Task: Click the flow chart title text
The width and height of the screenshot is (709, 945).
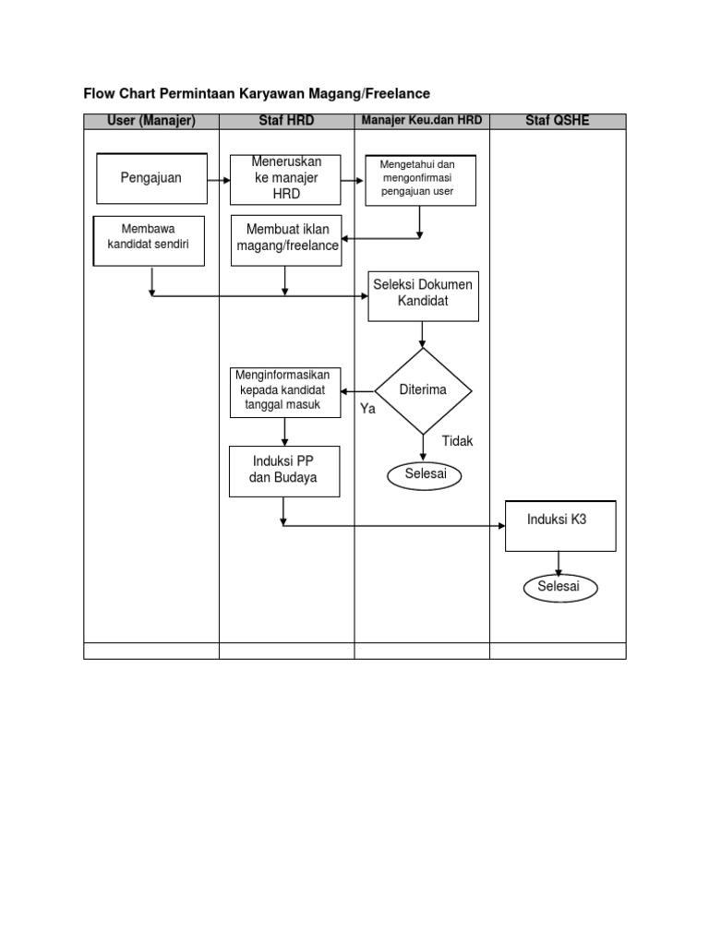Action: point(257,93)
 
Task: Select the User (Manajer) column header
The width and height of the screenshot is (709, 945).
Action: point(150,121)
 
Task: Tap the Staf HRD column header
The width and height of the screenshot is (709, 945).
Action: point(286,121)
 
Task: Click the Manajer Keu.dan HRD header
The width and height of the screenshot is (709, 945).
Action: point(422,121)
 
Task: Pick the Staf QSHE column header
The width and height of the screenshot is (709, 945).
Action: point(558,121)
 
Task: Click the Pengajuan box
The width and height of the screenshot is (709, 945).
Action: point(151,178)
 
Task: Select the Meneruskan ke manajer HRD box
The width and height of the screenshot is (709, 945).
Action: point(286,178)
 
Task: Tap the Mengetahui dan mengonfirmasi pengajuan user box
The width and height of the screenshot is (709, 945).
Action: point(422,179)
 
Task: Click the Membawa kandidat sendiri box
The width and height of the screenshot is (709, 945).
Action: point(149,240)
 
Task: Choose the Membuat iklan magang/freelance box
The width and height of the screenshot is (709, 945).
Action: point(286,240)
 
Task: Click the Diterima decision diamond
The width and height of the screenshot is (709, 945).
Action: point(423,390)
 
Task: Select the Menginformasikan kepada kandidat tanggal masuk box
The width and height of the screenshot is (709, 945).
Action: point(285,391)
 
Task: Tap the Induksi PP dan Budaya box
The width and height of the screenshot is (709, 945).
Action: point(284,471)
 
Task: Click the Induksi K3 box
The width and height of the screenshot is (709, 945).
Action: point(559,525)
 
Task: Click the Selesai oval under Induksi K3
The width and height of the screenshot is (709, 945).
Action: point(559,588)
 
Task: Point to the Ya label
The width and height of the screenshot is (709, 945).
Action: point(368,409)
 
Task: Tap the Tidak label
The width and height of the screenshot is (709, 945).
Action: point(457,441)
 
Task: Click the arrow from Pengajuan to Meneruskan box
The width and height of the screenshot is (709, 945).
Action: point(219,178)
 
